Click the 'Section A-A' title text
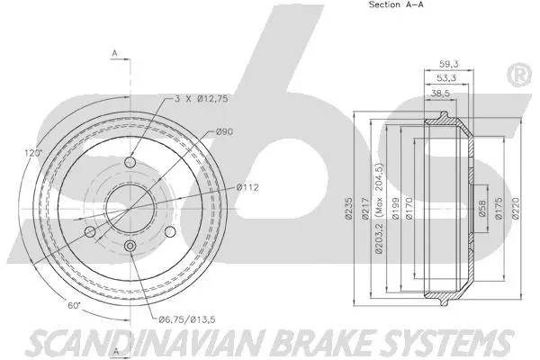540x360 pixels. (x=396, y=4)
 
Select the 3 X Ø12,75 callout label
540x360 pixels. (x=201, y=99)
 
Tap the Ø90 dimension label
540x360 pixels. (x=224, y=131)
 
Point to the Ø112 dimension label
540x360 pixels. (x=247, y=187)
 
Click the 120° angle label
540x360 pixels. (x=33, y=153)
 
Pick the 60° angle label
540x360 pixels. (x=74, y=306)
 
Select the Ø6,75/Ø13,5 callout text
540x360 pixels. (x=187, y=319)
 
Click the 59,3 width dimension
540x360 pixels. (x=449, y=64)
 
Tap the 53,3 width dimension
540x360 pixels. (x=446, y=78)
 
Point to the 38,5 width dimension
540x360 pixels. (x=440, y=93)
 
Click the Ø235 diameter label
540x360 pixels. (x=349, y=208)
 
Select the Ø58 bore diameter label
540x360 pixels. (x=482, y=209)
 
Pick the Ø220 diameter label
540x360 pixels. (x=516, y=208)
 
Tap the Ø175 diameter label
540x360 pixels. (x=499, y=208)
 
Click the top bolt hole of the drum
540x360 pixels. (x=130, y=162)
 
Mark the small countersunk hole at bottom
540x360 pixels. (x=130, y=246)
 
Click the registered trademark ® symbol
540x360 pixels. (x=519, y=75)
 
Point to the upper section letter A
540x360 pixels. (x=114, y=53)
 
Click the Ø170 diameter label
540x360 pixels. (x=409, y=208)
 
